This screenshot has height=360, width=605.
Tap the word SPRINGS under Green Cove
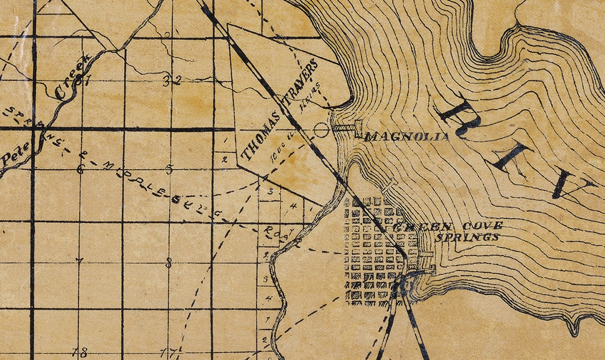point(467,237)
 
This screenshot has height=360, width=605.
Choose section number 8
point(169,265)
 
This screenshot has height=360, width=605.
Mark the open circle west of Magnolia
point(321,130)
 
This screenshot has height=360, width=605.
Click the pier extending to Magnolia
point(344,128)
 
